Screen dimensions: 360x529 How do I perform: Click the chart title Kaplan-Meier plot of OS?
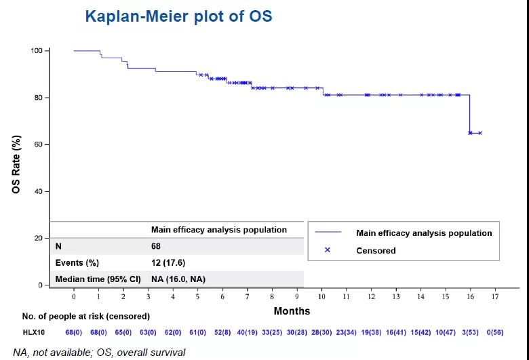[x=178, y=16]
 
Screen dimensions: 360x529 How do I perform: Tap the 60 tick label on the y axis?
[x=39, y=144]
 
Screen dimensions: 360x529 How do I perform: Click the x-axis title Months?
[x=292, y=311]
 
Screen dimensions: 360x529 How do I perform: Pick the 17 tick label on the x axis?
[x=495, y=296]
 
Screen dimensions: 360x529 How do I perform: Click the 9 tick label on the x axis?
[x=296, y=296]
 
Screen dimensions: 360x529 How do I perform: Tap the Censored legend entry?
[x=376, y=250]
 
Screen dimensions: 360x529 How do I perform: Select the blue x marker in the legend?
[x=327, y=250]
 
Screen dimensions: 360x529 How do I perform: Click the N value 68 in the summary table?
[x=156, y=247]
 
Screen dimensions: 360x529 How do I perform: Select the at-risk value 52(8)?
[x=222, y=332]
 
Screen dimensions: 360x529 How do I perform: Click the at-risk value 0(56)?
[x=495, y=332]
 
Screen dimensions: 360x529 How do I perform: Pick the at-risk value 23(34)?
[x=347, y=332]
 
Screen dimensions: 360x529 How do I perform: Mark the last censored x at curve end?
[x=480, y=133]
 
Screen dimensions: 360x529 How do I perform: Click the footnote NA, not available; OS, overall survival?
[x=94, y=353]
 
